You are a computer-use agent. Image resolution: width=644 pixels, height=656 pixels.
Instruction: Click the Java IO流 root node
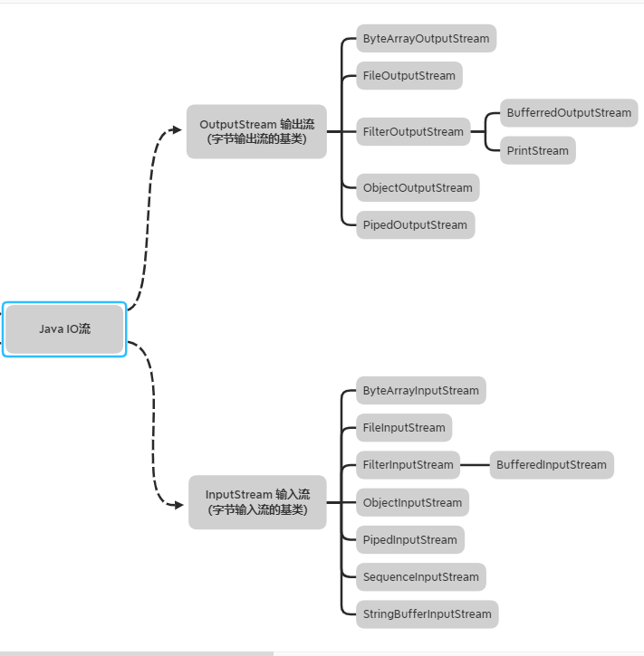click(64, 329)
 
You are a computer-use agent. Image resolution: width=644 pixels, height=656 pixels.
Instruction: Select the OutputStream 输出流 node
click(256, 131)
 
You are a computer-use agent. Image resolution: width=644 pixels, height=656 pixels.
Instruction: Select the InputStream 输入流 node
click(257, 502)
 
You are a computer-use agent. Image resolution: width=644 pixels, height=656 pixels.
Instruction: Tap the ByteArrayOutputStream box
click(426, 39)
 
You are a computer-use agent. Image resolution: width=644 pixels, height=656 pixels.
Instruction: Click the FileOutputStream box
click(409, 76)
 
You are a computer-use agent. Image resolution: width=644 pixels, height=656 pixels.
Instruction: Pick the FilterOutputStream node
click(413, 132)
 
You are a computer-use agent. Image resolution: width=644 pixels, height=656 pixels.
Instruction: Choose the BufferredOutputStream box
click(569, 113)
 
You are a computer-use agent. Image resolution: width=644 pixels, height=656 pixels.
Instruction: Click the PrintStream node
click(538, 151)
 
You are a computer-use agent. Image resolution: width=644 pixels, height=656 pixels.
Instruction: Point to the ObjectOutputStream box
click(418, 188)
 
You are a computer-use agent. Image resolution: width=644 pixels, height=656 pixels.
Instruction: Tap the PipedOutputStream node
click(415, 225)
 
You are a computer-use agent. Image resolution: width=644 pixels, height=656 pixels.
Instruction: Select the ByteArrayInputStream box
click(420, 391)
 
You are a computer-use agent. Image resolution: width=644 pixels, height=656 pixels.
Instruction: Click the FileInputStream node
click(404, 428)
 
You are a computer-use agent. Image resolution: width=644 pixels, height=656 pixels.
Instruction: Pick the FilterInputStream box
click(408, 465)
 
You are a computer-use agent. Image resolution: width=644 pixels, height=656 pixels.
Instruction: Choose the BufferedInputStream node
click(551, 465)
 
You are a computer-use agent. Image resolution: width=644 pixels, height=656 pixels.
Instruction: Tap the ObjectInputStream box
click(412, 503)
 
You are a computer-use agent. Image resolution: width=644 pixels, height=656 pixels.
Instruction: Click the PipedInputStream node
click(409, 540)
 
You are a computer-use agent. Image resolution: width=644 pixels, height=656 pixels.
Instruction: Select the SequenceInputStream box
click(420, 577)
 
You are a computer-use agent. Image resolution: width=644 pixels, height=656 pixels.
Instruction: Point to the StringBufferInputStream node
click(427, 614)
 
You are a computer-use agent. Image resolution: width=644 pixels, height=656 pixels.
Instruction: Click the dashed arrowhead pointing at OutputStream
click(178, 129)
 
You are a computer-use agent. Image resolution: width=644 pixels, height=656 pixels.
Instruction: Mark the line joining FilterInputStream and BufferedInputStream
click(475, 465)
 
